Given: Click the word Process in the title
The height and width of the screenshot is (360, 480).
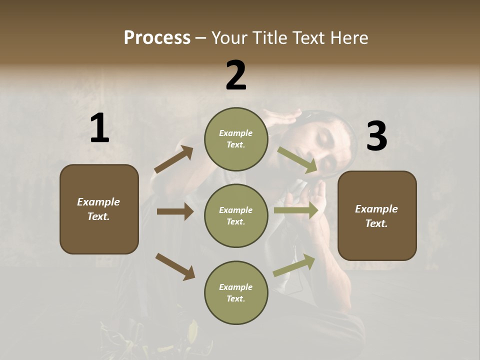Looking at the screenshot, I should click(157, 38).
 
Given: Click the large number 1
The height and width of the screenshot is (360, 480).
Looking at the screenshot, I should click(99, 128).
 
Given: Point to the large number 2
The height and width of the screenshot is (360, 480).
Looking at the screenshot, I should click(236, 75).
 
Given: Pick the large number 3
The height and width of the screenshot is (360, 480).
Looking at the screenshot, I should click(376, 136).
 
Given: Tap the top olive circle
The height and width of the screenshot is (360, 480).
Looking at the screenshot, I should click(236, 139).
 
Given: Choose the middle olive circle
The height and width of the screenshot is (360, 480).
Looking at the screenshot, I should click(236, 215).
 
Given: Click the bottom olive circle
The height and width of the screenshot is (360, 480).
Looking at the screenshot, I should click(236, 292).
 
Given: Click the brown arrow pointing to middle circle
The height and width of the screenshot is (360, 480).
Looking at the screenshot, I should click(175, 211).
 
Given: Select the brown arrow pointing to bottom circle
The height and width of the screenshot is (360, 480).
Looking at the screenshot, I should click(175, 266).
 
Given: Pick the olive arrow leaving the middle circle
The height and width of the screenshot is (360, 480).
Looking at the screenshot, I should click(296, 210).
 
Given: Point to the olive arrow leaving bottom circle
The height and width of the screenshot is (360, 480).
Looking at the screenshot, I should click(294, 265).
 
